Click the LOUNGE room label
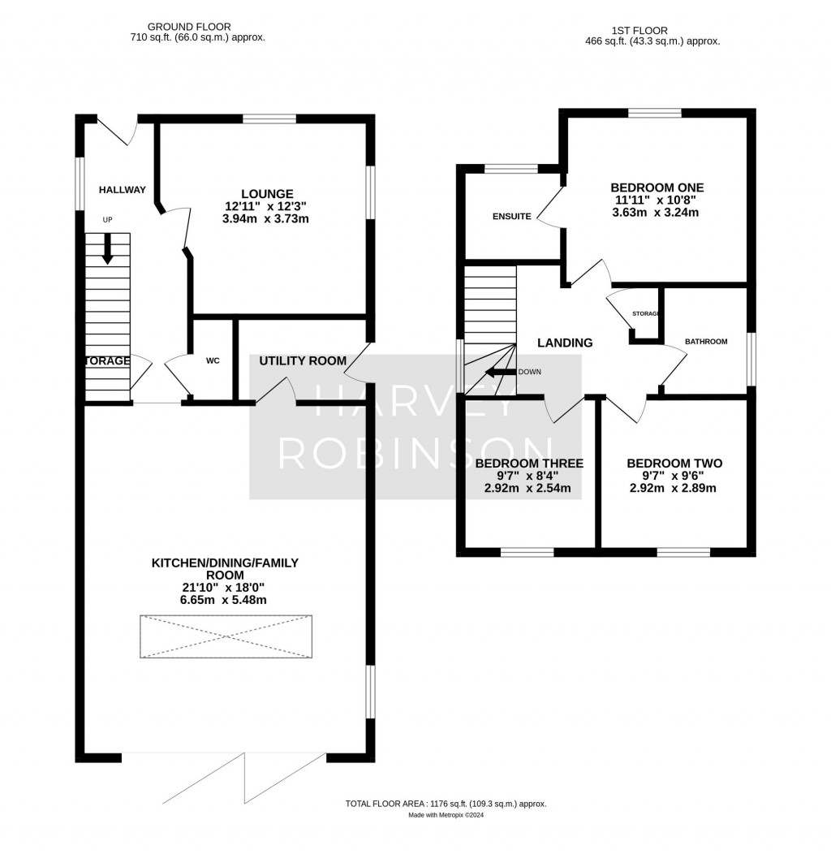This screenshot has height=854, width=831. coord(272,194)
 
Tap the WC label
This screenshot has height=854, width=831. coord(213,361)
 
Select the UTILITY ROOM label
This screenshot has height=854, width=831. coord(303,360)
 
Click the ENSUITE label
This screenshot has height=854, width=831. coord(511,217)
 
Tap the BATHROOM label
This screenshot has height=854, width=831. coord(705,342)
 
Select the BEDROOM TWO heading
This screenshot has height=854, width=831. coord(674,464)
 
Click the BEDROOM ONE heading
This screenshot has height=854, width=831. coord(657,186)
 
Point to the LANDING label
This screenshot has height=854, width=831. coord(565,343)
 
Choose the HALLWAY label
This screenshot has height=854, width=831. coord(122,190)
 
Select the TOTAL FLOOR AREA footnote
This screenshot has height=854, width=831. coord(446,803)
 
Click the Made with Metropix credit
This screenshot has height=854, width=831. coord(446,815)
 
